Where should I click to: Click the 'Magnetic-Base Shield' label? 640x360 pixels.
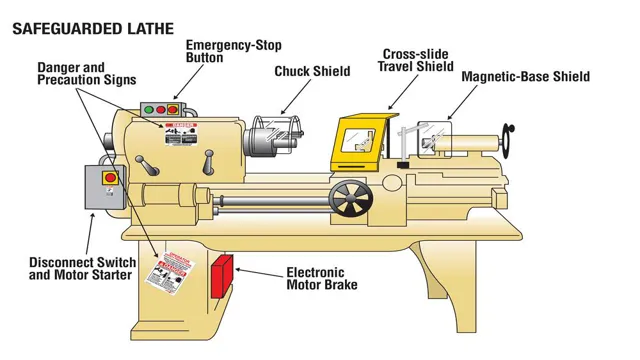(x=525, y=77)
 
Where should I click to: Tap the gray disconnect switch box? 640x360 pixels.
(x=102, y=187)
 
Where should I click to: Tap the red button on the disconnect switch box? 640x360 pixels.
(x=111, y=178)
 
